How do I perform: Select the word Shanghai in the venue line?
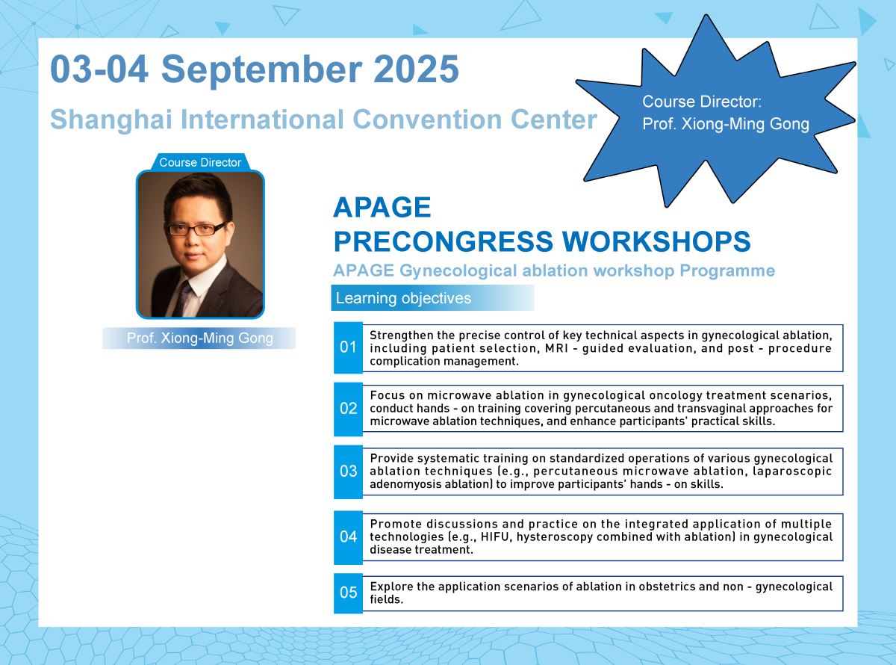111,120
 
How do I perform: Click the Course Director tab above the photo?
200,162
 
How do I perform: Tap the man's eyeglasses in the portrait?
196,229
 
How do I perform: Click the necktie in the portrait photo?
182,298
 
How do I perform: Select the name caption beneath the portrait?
199,338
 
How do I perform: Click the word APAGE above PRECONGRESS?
382,208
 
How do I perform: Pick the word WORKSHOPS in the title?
656,241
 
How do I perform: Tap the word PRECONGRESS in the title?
444,241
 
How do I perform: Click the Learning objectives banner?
432,298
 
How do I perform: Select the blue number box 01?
348,347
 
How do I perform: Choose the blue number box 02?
348,409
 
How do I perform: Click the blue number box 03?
348,471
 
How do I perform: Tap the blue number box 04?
348,536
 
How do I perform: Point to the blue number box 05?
348,593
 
